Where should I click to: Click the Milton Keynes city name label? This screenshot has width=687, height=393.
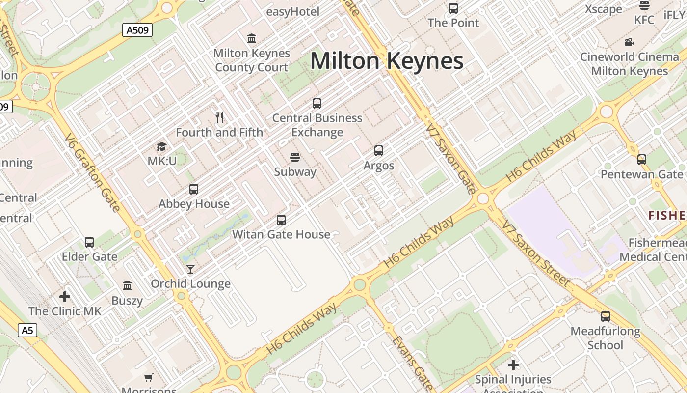(387, 61)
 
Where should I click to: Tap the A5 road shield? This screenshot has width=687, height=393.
(27, 330)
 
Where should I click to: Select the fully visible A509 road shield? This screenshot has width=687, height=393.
(137, 30)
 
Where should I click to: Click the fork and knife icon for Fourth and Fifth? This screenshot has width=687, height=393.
(219, 118)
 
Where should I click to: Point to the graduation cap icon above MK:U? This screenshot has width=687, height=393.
(161, 146)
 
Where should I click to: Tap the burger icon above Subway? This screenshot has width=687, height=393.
(295, 157)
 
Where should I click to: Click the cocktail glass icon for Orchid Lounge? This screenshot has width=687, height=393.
(190, 269)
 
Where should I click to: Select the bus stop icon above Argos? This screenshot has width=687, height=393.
(379, 151)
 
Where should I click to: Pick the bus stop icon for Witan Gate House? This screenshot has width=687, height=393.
(281, 220)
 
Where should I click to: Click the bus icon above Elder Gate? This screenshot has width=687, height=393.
(89, 242)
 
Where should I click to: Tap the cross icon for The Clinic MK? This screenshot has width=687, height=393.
(65, 297)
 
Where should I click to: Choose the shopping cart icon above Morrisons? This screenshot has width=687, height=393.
(148, 377)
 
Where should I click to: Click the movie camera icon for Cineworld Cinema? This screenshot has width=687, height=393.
(629, 42)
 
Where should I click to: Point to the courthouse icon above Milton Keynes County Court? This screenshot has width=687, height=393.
(252, 38)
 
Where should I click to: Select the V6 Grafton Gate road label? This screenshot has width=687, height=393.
(93, 172)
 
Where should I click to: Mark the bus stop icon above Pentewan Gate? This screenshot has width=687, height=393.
(642, 160)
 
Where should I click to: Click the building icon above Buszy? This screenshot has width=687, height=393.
(127, 286)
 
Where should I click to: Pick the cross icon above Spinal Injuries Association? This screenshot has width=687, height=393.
(513, 365)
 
